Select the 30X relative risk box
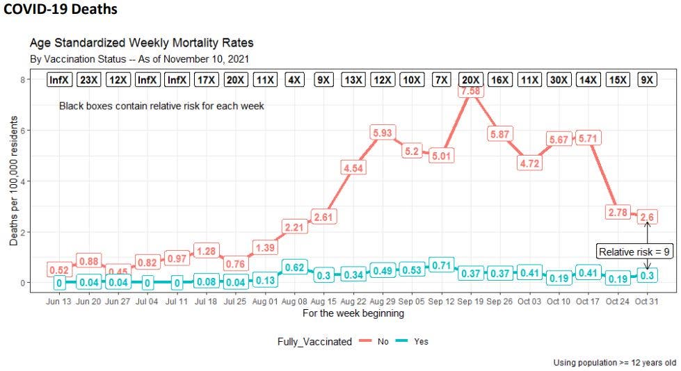click(559, 80)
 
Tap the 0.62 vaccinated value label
click(294, 267)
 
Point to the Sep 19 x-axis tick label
click(471, 302)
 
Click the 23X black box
click(89, 80)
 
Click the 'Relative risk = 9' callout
click(634, 252)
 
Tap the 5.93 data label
click(383, 133)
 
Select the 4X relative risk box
click(294, 80)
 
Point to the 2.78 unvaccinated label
click(618, 212)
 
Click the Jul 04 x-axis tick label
click(147, 302)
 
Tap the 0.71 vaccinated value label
click(442, 265)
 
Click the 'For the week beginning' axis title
click(353, 314)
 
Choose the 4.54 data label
click(353, 167)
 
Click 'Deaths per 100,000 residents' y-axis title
click(14, 181)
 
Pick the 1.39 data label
click(265, 247)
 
